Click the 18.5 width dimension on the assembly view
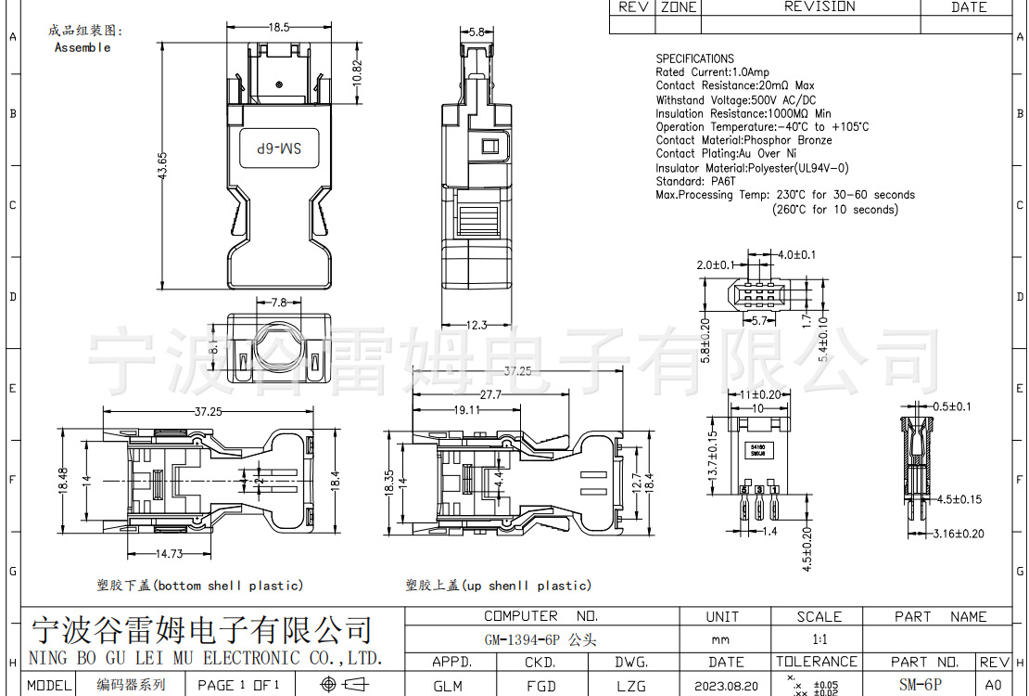(279, 28)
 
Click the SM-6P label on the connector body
(279, 148)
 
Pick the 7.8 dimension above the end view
(278, 303)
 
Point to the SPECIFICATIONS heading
(694, 58)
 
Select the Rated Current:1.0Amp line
(712, 72)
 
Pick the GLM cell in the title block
(448, 686)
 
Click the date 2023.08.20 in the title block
(726, 686)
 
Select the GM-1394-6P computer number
(540, 639)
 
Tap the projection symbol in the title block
(343, 685)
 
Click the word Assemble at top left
(83, 47)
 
